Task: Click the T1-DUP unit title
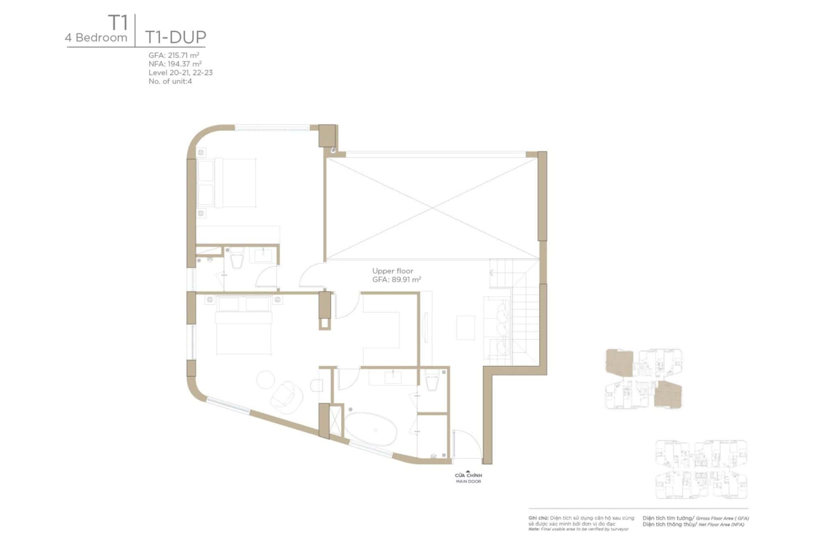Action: (175, 37)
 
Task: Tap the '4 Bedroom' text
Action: (96, 38)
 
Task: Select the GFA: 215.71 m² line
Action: (174, 55)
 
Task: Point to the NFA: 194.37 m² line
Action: (175, 64)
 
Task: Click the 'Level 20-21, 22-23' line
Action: (180, 73)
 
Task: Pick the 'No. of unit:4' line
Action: (170, 81)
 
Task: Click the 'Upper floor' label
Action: (392, 271)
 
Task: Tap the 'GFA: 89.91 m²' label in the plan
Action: (396, 279)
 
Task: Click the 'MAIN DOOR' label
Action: (468, 482)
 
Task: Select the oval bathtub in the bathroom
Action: (371, 429)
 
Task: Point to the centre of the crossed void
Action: (432, 208)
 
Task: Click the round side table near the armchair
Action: (265, 379)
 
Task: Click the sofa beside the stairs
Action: (497, 328)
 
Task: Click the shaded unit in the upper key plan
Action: (619, 363)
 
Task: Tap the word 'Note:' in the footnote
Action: (534, 529)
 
